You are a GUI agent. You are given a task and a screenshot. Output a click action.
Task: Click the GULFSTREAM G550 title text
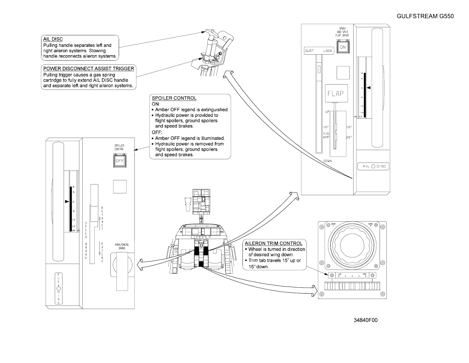(x=425, y=16)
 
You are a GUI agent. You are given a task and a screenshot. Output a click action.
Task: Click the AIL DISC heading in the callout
(x=53, y=39)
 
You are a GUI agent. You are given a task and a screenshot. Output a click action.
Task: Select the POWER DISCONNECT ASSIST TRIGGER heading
(x=89, y=69)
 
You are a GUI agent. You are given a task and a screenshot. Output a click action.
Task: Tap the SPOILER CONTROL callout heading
(x=174, y=98)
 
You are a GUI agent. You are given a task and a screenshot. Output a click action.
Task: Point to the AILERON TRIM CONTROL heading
(x=274, y=243)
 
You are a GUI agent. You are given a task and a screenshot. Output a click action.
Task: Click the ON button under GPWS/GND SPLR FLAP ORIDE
(x=343, y=47)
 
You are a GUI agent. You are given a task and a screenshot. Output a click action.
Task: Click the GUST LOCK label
(x=319, y=51)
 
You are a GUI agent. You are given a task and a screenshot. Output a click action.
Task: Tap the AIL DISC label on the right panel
(x=373, y=166)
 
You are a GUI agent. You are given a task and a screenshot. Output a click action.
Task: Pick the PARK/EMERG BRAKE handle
(x=123, y=270)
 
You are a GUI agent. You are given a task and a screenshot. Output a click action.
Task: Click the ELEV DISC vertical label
(x=58, y=289)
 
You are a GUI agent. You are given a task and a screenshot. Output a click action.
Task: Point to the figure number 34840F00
(x=366, y=320)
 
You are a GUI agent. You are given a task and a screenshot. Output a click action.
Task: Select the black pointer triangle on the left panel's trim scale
(x=67, y=202)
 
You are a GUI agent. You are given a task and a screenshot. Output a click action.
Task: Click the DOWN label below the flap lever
(x=327, y=161)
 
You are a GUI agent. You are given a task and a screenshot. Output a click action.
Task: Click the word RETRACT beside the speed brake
(x=102, y=218)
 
